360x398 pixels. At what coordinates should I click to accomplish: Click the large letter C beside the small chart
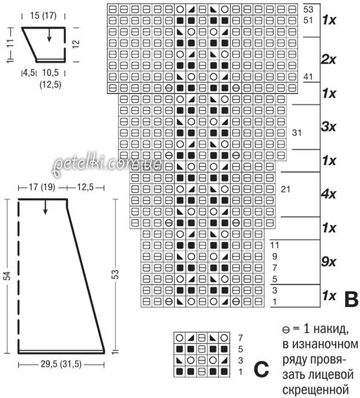(261, 369)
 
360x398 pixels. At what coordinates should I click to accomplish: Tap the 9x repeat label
(329, 262)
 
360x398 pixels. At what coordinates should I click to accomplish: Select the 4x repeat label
(329, 194)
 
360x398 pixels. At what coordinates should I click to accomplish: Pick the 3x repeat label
(329, 127)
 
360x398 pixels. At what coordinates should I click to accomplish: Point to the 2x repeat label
(329, 59)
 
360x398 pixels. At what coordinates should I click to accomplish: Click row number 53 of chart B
(308, 9)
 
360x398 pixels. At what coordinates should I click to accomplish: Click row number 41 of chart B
(308, 77)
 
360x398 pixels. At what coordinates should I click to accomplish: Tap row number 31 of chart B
(297, 133)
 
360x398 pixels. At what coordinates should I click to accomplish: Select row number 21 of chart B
(285, 189)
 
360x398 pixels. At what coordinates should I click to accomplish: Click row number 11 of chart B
(274, 245)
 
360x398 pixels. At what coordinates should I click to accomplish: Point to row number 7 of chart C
(241, 337)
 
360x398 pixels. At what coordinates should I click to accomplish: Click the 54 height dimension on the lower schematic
(8, 276)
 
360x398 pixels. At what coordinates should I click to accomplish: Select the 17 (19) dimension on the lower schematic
(42, 188)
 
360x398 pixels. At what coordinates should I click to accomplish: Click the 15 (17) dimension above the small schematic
(43, 16)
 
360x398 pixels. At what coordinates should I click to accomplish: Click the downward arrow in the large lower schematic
(45, 207)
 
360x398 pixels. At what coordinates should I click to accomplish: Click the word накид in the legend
(330, 329)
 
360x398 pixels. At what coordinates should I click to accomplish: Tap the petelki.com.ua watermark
(106, 165)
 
